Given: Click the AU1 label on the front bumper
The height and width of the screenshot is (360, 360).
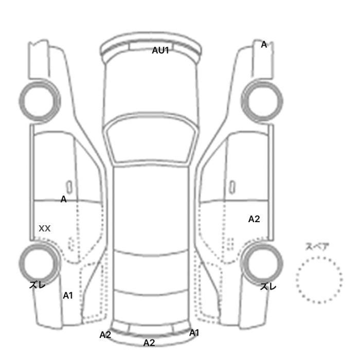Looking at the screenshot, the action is point(160,50).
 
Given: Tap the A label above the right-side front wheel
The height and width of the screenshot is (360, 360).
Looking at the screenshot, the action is point(264,45).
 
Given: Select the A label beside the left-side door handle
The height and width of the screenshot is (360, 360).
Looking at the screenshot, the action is point(64,199).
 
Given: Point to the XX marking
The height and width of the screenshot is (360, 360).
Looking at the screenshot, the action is point(45,228).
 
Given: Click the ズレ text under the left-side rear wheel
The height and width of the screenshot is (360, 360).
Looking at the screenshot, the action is point(38,285).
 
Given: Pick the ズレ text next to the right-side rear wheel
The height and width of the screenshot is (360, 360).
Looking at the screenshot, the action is point(268,286).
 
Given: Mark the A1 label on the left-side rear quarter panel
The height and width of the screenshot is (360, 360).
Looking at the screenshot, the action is point(68,296).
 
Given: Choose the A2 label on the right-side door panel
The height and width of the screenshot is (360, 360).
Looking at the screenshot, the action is point(254,219).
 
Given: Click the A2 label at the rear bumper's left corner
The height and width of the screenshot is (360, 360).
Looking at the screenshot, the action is point(105,335).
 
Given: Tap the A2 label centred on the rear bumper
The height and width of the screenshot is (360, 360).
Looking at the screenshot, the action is point(149,343).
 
